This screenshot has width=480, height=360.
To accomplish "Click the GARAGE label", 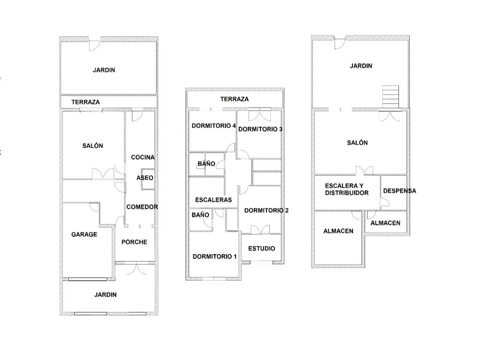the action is pos(84,235).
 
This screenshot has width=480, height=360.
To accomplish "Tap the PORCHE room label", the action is pos(134,242).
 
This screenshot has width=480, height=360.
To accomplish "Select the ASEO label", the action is pos(145,178).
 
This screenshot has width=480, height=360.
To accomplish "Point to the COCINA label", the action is pos(143,157).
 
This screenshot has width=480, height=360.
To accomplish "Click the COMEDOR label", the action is pos(142,207).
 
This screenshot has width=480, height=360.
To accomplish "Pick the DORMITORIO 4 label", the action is pos(214,126).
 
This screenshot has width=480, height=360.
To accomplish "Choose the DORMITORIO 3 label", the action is pos(260,129).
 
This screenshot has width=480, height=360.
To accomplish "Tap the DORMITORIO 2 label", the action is pos(266,211).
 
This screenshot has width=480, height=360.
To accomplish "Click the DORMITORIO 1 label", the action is pos(215,256).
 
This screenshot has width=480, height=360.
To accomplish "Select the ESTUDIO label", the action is pos(261,248).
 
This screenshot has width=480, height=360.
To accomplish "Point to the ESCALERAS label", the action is pos(213,200).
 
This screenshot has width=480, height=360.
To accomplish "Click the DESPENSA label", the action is pos(400,191).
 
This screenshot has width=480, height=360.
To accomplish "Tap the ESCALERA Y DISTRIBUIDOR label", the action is pos(347,189).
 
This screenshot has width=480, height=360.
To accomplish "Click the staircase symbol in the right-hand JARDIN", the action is pos(390,97).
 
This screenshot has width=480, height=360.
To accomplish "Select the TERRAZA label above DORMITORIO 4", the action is pos(235,99).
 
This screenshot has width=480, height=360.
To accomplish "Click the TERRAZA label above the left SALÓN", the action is pos(85,102).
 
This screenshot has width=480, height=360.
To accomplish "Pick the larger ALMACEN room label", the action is pos(338,231).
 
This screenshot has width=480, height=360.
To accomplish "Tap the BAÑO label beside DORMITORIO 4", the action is pos(206,164).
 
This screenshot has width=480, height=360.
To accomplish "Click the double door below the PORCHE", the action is pos(136,268).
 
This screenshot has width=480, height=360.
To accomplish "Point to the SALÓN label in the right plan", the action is pos(357,143).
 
